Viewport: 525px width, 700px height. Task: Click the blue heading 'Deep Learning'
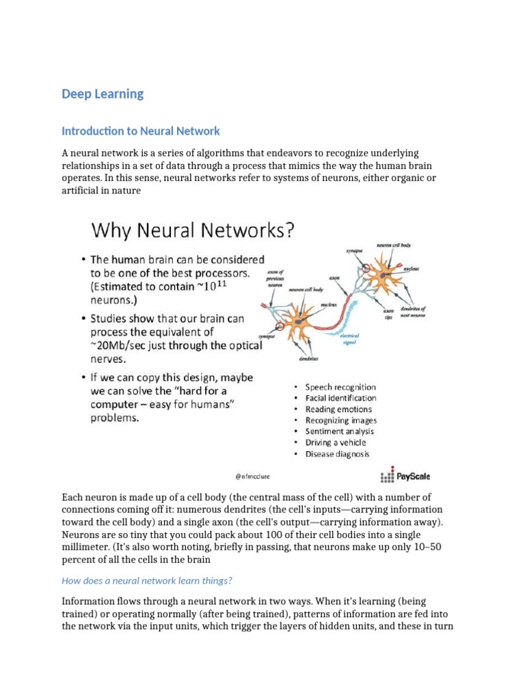click(x=103, y=94)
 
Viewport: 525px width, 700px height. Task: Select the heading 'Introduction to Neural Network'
click(x=141, y=131)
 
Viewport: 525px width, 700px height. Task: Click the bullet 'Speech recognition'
click(x=340, y=387)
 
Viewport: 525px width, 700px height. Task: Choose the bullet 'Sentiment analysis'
click(x=339, y=431)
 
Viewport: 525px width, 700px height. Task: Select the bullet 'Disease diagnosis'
click(x=337, y=453)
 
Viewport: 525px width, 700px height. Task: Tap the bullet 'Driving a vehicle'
click(x=335, y=442)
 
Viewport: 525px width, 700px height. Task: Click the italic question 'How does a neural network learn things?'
click(x=147, y=580)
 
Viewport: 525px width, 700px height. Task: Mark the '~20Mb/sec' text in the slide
click(x=117, y=345)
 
